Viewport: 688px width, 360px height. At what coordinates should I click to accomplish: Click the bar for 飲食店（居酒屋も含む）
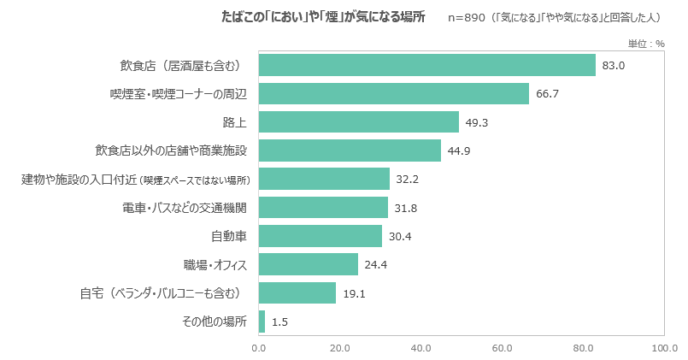pyautogui.click(x=426, y=65)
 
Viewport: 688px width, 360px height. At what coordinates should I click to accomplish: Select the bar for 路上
pyautogui.click(x=358, y=122)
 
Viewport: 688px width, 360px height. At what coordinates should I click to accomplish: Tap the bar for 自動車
pyautogui.click(x=320, y=236)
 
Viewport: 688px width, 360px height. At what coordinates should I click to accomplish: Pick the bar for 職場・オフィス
pyautogui.click(x=308, y=264)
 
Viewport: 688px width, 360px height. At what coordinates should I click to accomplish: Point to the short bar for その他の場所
pyautogui.click(x=262, y=322)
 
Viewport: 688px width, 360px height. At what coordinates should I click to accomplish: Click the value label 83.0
pyautogui.click(x=614, y=65)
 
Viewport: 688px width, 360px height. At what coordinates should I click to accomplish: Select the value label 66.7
pyautogui.click(x=547, y=93)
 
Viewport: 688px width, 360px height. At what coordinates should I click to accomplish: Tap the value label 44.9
pyautogui.click(x=459, y=150)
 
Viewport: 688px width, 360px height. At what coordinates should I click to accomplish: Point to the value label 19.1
pyautogui.click(x=354, y=293)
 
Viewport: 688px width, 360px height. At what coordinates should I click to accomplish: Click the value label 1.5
pyautogui.click(x=279, y=322)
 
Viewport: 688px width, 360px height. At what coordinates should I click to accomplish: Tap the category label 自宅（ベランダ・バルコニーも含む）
pyautogui.click(x=161, y=293)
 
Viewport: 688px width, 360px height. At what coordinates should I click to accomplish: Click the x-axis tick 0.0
pyautogui.click(x=258, y=348)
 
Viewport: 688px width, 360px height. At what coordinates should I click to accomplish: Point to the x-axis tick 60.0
pyautogui.click(x=502, y=348)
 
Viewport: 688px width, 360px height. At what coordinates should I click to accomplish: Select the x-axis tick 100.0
pyautogui.click(x=664, y=348)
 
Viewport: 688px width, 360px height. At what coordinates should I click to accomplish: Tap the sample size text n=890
pyautogui.click(x=465, y=17)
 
